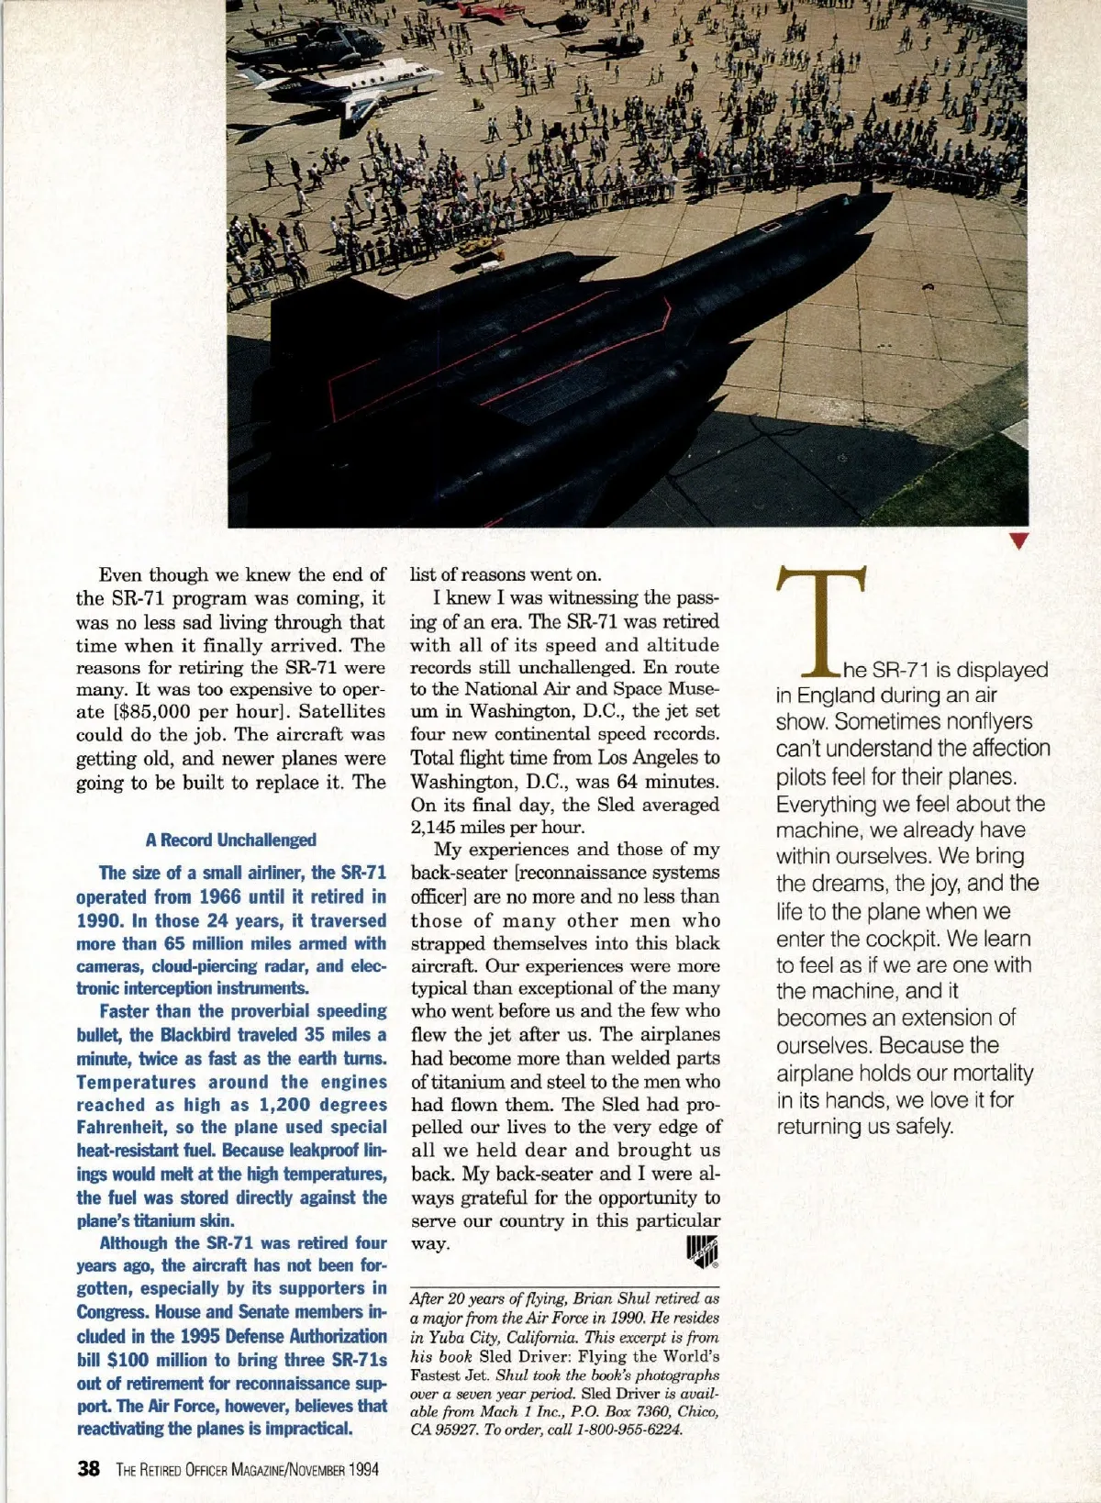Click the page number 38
pyautogui.click(x=88, y=1468)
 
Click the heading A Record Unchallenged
pyautogui.click(x=230, y=840)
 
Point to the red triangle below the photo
pyautogui.click(x=1017, y=540)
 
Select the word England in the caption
pyautogui.click(x=834, y=696)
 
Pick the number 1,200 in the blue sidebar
pyautogui.click(x=246, y=1105)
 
